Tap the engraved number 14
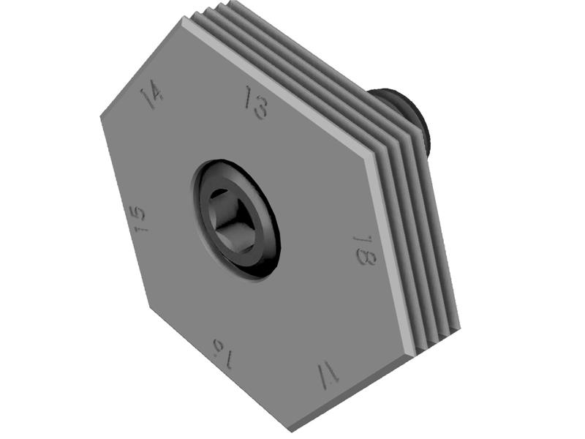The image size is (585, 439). [x=151, y=94]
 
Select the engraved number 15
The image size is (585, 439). [x=137, y=218]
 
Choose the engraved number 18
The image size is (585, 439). [x=364, y=250]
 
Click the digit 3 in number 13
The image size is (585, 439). [x=261, y=108]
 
